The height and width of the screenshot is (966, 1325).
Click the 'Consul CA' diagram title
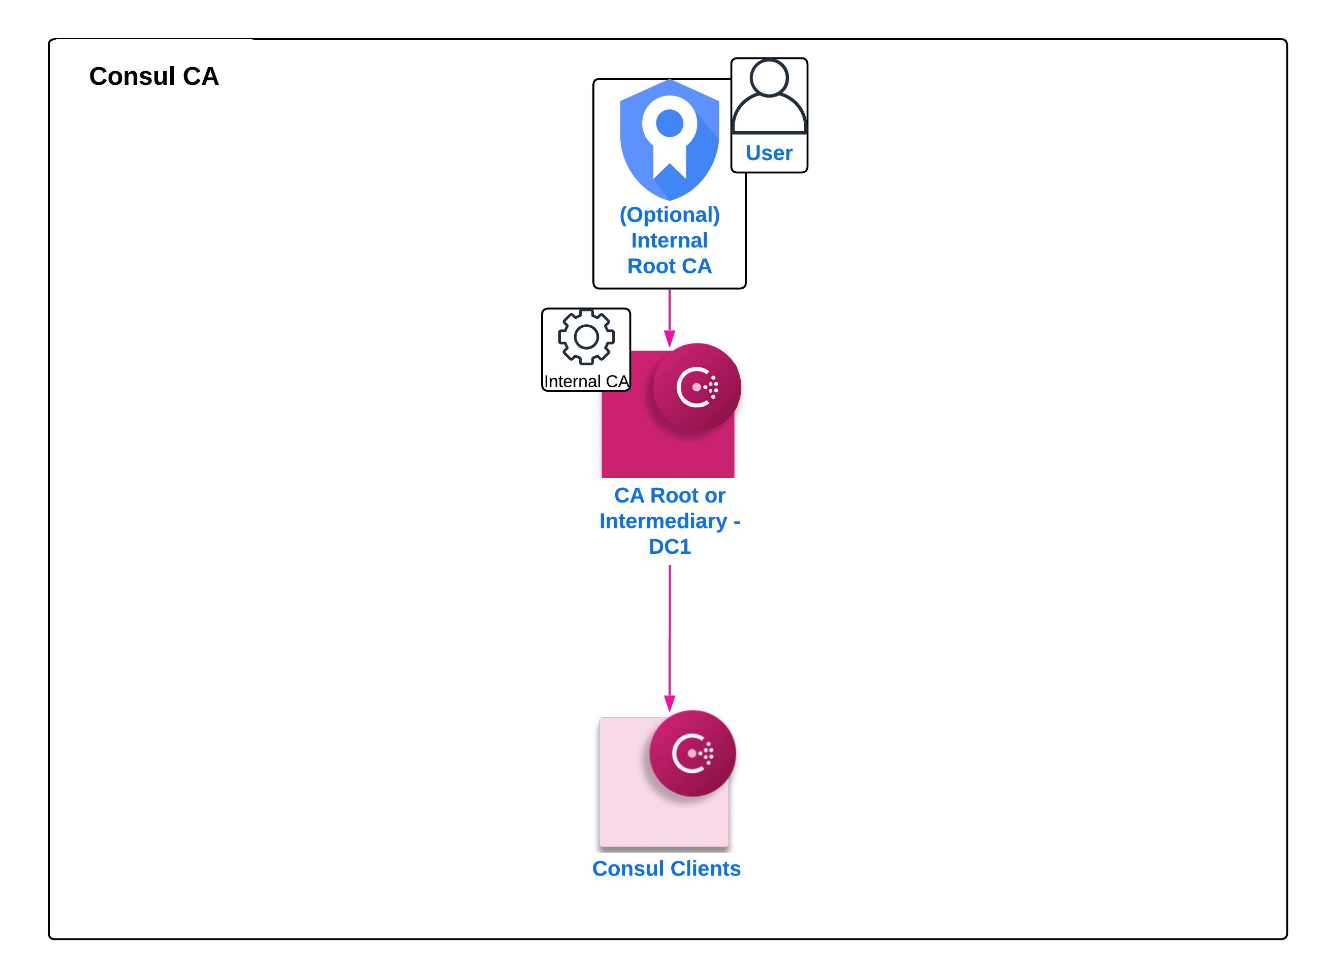[x=154, y=76]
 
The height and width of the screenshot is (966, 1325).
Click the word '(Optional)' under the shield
[x=669, y=214]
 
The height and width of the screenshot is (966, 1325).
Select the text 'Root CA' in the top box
[x=669, y=266]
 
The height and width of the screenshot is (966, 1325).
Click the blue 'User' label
[x=769, y=152]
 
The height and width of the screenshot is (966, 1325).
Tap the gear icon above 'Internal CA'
[x=586, y=337]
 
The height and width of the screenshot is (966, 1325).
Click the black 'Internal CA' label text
[x=586, y=381]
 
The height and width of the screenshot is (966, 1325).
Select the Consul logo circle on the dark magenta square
[x=697, y=387]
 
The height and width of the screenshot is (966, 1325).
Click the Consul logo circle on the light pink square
[x=692, y=753]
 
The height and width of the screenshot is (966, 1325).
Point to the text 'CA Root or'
[x=670, y=495]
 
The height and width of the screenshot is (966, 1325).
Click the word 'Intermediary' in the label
[x=664, y=521]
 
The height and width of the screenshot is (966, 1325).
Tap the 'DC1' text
[x=670, y=547]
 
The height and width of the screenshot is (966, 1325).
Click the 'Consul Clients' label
[x=666, y=868]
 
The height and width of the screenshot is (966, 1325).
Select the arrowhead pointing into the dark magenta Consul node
[x=670, y=338]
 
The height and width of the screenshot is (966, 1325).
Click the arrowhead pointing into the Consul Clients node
[x=670, y=703]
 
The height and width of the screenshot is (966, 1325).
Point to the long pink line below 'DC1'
[x=670, y=632]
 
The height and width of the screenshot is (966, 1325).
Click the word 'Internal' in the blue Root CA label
[x=669, y=240]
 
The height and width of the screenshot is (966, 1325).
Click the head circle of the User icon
[x=769, y=77]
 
